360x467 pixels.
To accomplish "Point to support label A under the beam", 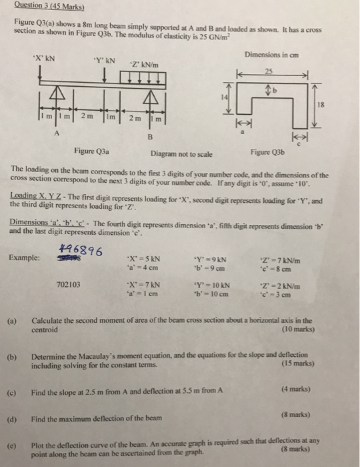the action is [x=57, y=132].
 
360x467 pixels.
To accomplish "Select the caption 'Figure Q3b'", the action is [x=270, y=151].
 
